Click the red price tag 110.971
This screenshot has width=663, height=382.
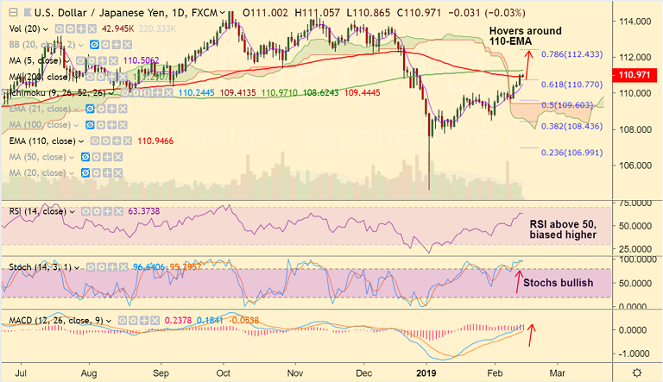635,75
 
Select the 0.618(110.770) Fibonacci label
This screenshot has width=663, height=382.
571,86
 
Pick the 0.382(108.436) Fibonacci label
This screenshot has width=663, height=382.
571,126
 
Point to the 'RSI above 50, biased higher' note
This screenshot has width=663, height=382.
563,229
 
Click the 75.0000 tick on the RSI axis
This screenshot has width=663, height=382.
634,203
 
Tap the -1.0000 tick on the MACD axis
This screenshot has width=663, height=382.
634,354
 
